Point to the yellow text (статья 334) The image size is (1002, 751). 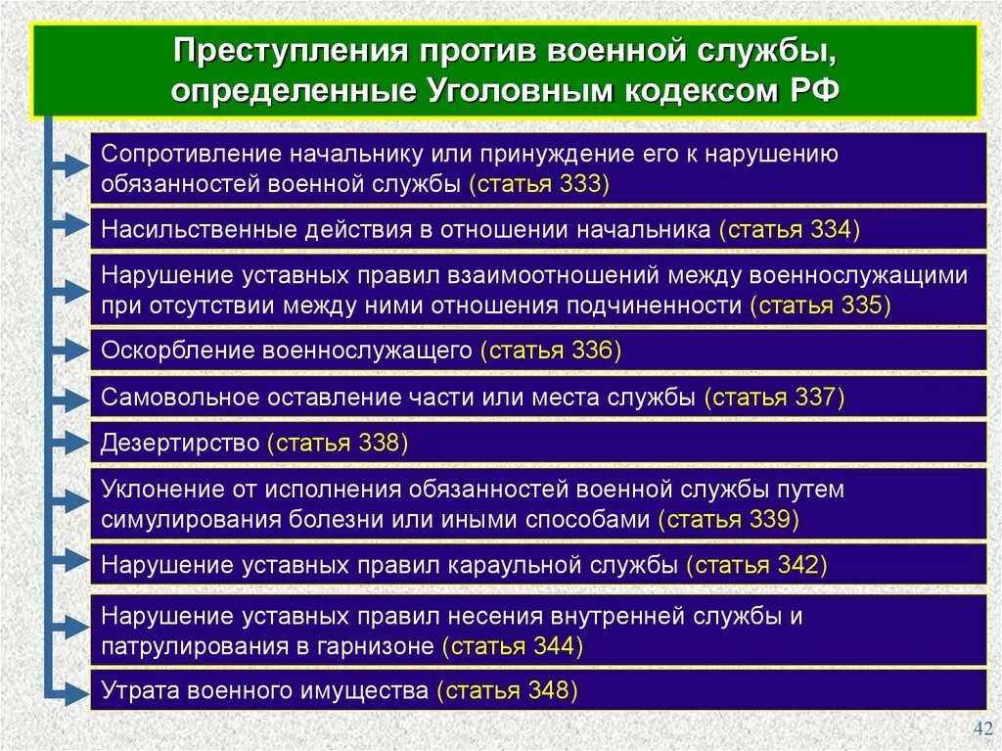click(789, 230)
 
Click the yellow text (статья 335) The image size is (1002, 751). click(821, 305)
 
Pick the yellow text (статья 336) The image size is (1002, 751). click(551, 351)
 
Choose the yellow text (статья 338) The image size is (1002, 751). click(337, 443)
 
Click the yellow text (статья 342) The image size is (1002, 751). click(757, 565)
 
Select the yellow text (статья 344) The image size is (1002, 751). click(513, 646)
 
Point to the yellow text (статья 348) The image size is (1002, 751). click(507, 690)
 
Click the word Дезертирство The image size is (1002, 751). click(180, 443)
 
